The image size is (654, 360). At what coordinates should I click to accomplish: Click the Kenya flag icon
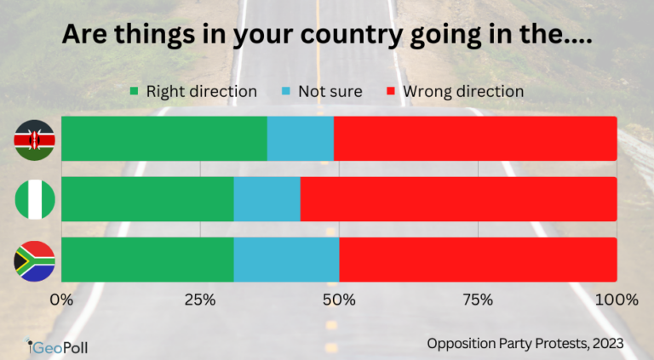tap(35, 139)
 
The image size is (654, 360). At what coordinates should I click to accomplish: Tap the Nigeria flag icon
tap(35, 200)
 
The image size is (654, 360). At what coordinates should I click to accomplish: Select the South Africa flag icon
tap(35, 260)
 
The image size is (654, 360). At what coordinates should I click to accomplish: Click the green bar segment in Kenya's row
tap(163, 139)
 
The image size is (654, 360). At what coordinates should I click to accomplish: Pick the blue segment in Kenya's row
tap(300, 139)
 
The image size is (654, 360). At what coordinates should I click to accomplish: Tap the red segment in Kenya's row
tap(475, 139)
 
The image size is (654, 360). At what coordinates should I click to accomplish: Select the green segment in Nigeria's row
tap(147, 200)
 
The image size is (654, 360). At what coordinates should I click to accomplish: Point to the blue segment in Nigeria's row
tap(267, 200)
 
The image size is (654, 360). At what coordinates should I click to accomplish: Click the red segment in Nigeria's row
tap(458, 200)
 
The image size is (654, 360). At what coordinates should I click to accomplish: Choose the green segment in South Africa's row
tap(147, 260)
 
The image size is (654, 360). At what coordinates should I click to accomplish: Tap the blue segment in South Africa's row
tap(286, 260)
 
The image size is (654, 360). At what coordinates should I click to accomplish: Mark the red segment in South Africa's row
tap(478, 260)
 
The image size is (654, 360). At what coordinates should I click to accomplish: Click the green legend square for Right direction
tap(135, 90)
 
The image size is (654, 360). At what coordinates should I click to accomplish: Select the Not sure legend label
tap(330, 90)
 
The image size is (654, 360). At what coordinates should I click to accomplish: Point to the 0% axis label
tap(61, 300)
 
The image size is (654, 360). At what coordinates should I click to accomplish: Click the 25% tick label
tap(199, 300)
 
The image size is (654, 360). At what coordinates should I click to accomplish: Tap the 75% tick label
tap(478, 300)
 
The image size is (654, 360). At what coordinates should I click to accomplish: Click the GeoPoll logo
tap(56, 346)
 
